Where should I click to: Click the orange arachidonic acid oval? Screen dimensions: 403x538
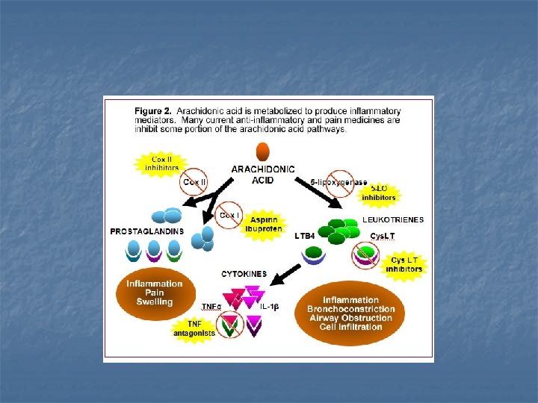point(263,151)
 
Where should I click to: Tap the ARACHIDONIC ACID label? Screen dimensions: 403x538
point(263,175)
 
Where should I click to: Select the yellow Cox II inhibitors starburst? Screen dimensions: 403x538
point(160,163)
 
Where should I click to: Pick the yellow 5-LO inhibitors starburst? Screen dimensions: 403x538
point(379,193)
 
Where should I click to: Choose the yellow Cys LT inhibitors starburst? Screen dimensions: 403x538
point(404,264)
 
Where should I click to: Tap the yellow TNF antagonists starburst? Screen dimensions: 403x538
point(194,328)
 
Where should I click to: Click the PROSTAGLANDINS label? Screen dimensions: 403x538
point(146,231)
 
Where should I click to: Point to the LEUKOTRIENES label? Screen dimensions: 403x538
point(393,219)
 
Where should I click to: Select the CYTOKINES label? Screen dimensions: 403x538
point(244,274)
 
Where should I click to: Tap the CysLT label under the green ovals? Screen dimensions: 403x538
point(384,236)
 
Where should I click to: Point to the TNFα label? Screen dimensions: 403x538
point(211,307)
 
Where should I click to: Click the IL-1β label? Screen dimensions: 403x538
point(269,307)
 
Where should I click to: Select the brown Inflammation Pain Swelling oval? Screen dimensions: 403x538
point(154,293)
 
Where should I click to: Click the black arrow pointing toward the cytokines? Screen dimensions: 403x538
point(284,276)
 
